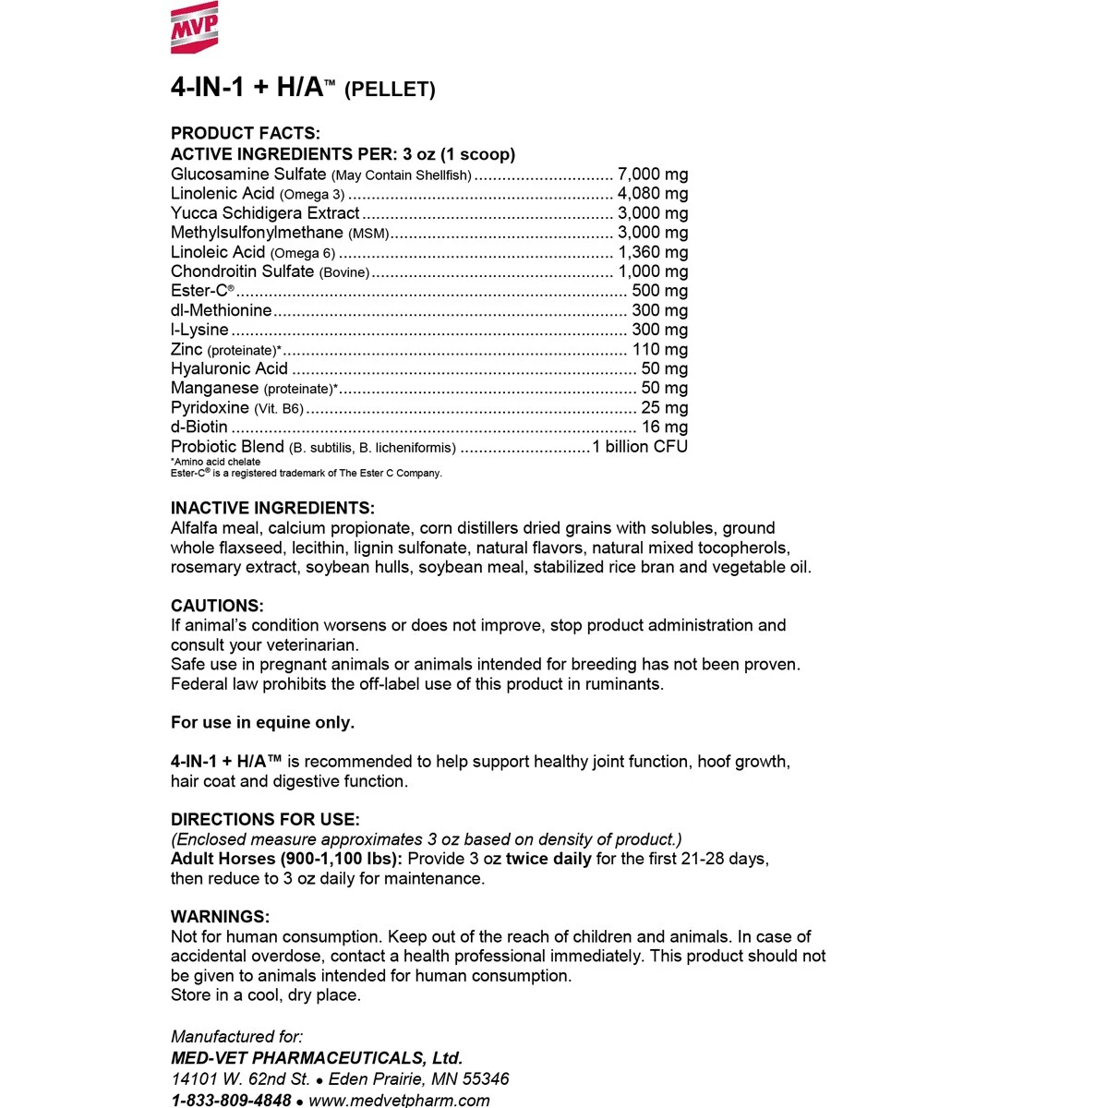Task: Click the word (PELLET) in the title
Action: click(390, 90)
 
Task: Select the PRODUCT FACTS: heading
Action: click(246, 134)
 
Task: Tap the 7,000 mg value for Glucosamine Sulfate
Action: click(653, 175)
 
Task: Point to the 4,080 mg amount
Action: click(653, 194)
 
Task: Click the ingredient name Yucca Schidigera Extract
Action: click(265, 213)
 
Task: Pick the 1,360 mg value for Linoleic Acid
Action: click(653, 252)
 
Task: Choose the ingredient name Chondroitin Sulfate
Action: click(243, 271)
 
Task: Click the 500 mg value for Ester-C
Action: click(659, 291)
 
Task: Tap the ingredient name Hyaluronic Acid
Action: click(230, 368)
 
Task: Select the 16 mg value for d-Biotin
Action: click(665, 427)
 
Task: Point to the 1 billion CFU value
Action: click(640, 447)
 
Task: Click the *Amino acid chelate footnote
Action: click(216, 462)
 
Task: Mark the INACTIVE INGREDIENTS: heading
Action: click(272, 509)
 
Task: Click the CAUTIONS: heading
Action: click(217, 607)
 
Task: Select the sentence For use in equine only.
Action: click(262, 723)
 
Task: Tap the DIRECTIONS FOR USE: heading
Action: click(265, 820)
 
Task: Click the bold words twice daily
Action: click(548, 859)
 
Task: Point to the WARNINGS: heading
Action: click(220, 917)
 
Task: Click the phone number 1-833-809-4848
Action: click(231, 1100)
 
